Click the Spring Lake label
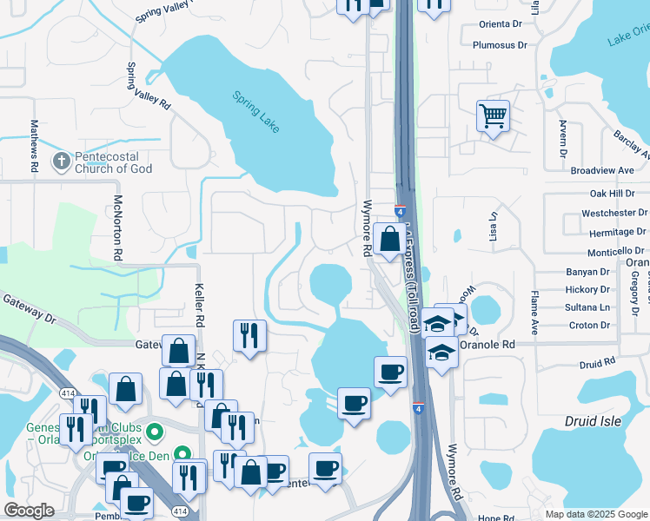point(256,111)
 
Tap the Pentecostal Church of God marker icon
point(61,161)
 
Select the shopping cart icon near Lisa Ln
point(493,115)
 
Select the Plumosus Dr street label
point(500,45)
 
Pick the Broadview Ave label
point(600,170)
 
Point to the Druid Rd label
point(597,359)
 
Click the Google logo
point(30,511)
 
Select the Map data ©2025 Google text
point(595,514)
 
